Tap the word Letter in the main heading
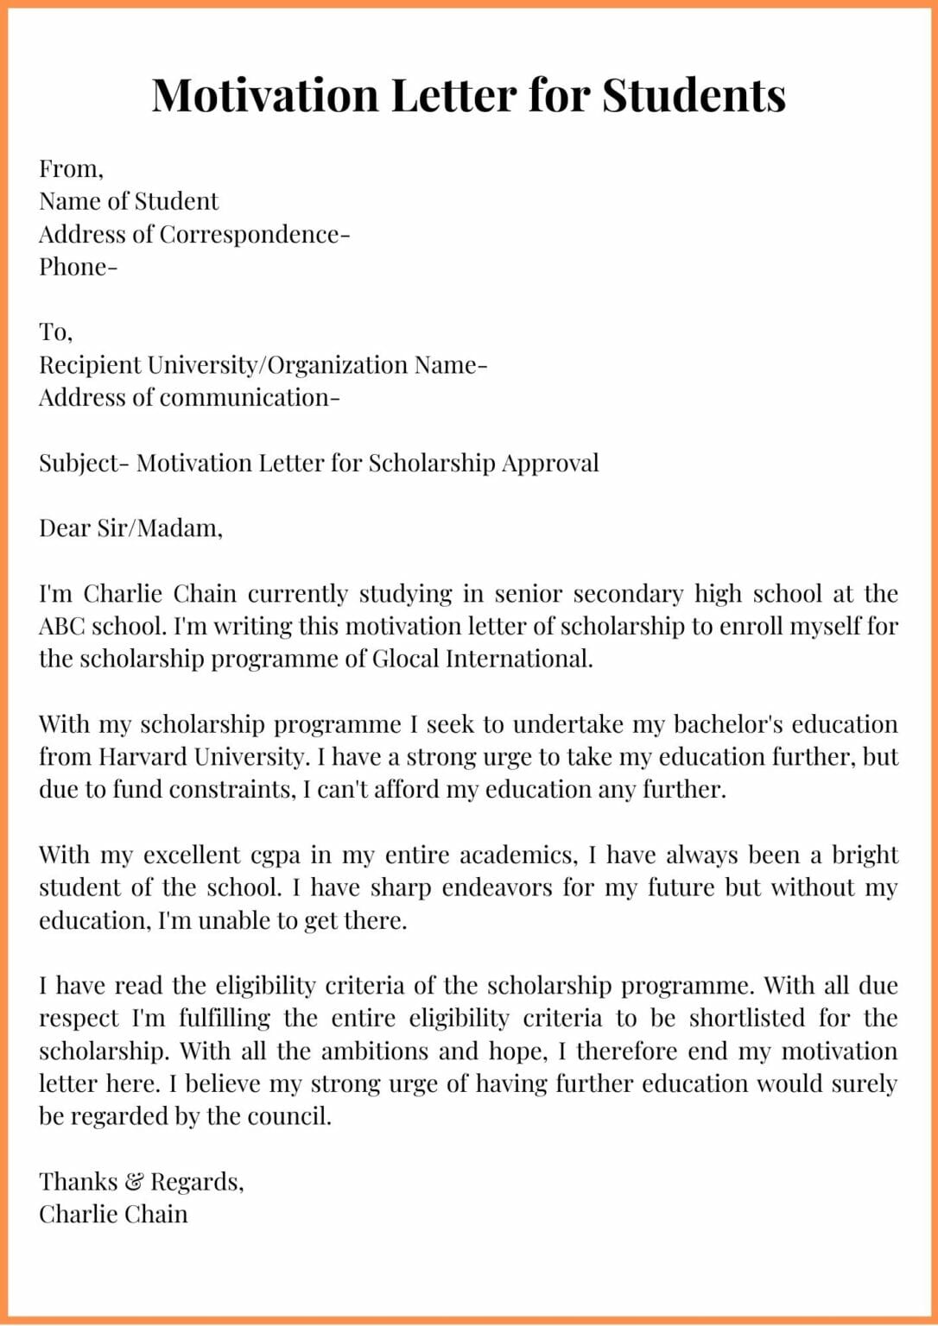coord(453,95)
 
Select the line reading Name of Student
coord(129,201)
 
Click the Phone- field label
coord(78,267)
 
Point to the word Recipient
coord(90,365)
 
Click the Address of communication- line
coord(189,398)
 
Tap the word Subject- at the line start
coord(84,464)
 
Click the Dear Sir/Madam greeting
coord(130,528)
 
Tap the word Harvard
coord(142,758)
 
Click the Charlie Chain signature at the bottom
coord(113,1215)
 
